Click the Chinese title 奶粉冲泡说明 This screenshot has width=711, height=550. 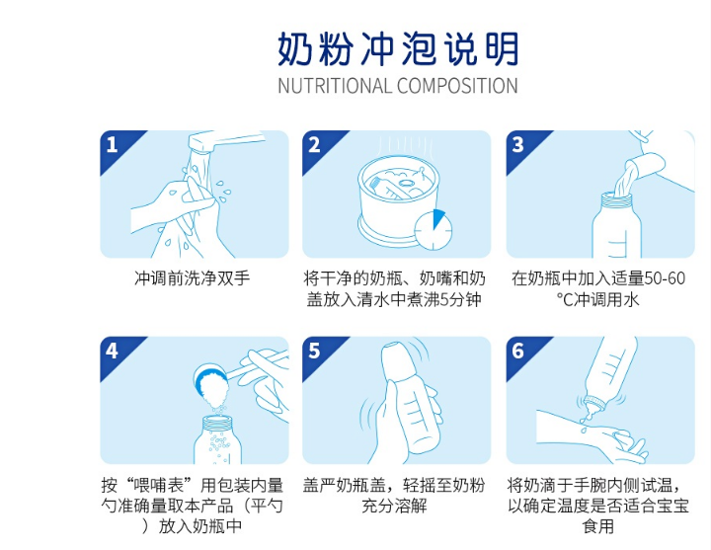(x=397, y=47)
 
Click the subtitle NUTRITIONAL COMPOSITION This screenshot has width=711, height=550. (x=397, y=86)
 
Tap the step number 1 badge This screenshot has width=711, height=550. (x=113, y=145)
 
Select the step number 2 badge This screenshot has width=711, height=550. (x=315, y=145)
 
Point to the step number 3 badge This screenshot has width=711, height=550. (x=517, y=145)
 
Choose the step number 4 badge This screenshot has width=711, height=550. (x=113, y=351)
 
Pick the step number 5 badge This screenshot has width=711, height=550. (x=315, y=351)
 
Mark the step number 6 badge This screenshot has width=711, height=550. (x=517, y=351)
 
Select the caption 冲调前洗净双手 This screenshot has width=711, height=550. (x=193, y=278)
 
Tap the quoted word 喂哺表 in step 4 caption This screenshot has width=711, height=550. (x=162, y=485)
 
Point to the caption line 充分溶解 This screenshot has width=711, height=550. (x=394, y=506)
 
